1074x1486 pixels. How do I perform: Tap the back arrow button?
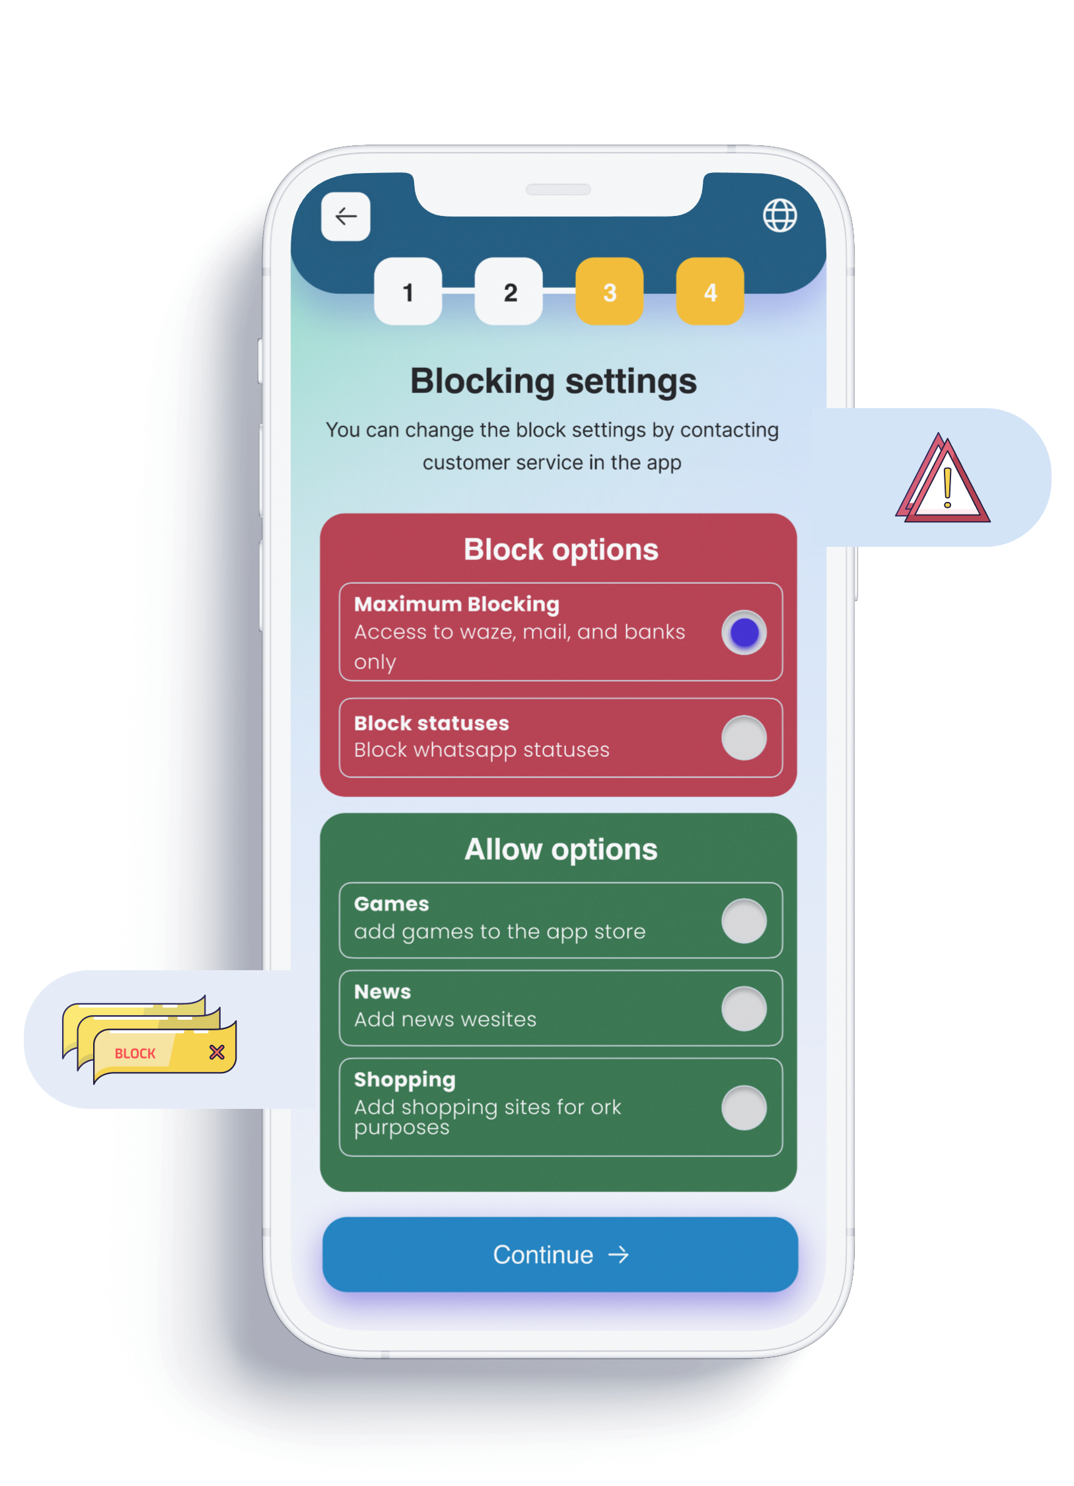[x=345, y=216]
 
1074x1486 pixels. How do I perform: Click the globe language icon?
[x=779, y=215]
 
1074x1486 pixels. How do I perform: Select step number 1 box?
[x=408, y=291]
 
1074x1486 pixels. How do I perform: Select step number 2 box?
[x=509, y=291]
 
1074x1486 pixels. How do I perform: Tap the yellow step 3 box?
[x=610, y=291]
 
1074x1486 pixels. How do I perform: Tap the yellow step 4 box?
[x=710, y=291]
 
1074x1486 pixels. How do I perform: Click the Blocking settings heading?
[x=554, y=382]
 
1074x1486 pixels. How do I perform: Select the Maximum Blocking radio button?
[x=744, y=632]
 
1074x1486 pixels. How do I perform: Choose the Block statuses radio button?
[x=744, y=738]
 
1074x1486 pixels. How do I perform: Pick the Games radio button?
[x=744, y=921]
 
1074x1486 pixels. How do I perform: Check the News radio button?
[x=744, y=1008]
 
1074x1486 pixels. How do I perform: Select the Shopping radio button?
[x=744, y=1108]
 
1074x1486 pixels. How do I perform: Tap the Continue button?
[x=560, y=1254]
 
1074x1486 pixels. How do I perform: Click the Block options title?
[x=561, y=549]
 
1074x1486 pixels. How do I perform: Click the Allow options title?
[x=561, y=849]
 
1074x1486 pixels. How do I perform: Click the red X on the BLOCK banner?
[x=217, y=1052]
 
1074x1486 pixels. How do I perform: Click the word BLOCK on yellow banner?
[x=135, y=1053]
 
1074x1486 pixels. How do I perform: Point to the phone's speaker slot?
[x=557, y=190]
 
